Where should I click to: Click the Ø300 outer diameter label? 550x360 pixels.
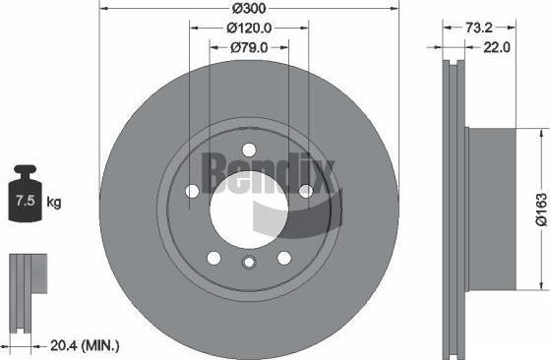tap(249, 9)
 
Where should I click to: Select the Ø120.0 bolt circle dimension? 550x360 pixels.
tap(249, 28)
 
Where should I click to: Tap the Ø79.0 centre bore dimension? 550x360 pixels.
tap(249, 47)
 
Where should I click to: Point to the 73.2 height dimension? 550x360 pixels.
tap(479, 28)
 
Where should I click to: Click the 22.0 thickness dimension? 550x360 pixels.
tap(497, 47)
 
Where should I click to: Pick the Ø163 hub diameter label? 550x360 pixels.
tap(541, 210)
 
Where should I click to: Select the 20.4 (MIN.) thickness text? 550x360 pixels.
tap(85, 346)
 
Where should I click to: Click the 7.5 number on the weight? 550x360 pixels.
tap(26, 201)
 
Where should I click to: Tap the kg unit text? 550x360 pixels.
tap(54, 203)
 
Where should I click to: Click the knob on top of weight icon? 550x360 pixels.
tap(25, 169)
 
